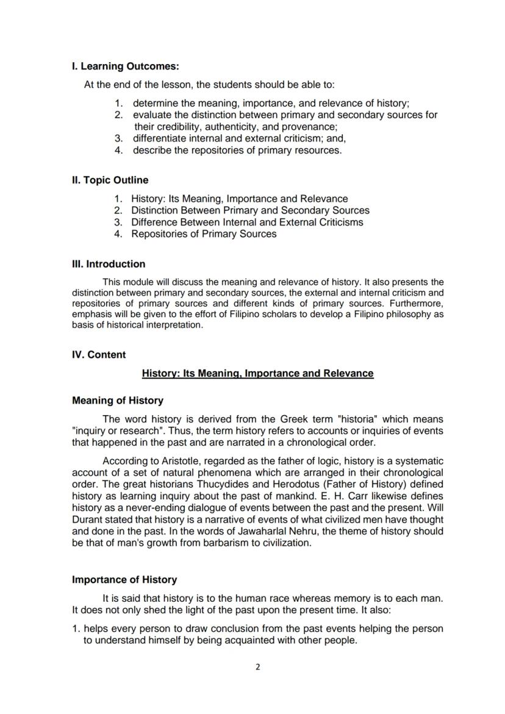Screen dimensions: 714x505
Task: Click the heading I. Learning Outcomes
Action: pos(125,66)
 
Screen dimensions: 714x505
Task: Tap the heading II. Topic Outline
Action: pos(110,180)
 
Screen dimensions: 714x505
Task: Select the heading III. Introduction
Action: pos(109,264)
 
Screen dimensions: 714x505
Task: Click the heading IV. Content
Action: pos(99,355)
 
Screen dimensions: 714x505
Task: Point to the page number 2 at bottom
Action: pos(257,667)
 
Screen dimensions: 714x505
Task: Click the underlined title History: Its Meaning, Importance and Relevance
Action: pos(257,373)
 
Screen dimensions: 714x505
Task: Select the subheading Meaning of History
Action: pos(118,401)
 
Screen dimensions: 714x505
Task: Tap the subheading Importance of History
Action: pos(124,579)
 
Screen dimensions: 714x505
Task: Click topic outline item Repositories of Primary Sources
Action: pos(204,234)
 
